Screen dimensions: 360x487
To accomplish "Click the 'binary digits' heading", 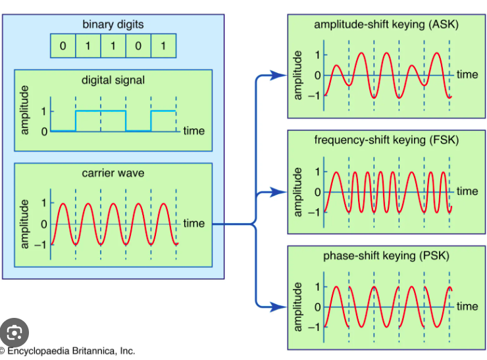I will (x=113, y=25).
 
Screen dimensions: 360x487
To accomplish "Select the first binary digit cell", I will (x=63, y=47).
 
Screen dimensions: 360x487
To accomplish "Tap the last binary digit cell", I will (x=163, y=47).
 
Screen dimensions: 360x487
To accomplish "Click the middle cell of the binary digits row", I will (x=113, y=47).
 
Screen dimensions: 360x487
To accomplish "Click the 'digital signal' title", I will (x=113, y=80).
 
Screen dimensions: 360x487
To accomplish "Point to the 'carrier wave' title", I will (x=113, y=174).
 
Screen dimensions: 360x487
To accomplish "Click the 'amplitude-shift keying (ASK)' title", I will (x=386, y=25).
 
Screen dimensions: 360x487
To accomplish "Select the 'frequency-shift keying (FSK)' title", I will (x=386, y=140).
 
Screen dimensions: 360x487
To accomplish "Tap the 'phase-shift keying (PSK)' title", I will (x=386, y=256).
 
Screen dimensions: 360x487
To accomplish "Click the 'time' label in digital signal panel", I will (x=194, y=131).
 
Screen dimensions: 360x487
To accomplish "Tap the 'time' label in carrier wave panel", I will (x=194, y=224).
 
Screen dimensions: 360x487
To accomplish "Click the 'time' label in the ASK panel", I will (x=467, y=74).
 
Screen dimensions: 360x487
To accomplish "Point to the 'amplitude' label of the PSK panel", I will (x=298, y=307).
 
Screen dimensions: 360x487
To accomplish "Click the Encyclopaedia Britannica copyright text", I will (x=69, y=351).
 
